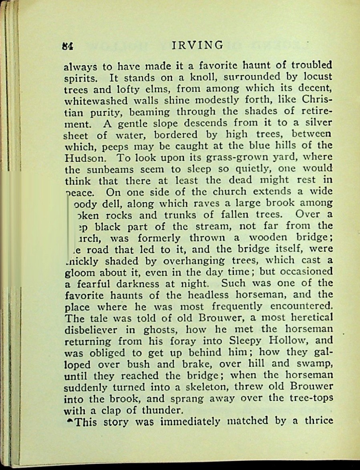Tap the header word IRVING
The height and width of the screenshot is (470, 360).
[197, 45]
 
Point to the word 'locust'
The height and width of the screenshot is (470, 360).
[316, 77]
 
